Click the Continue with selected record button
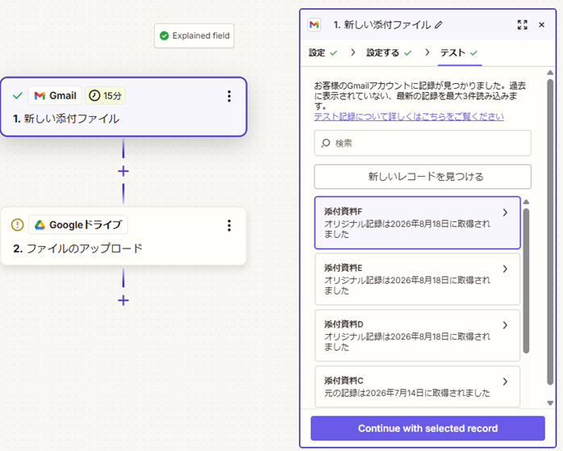427,428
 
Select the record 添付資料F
417,223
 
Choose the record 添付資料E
417,279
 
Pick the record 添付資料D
417,336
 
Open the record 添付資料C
417,386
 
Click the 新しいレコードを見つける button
423,177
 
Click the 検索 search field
423,143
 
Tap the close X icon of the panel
541,25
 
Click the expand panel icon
523,25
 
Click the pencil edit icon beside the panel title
439,25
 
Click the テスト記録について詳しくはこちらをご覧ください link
409,117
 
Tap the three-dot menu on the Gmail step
229,96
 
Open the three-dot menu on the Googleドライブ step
229,226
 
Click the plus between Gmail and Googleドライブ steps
123,171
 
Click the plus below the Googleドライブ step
123,300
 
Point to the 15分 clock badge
105,96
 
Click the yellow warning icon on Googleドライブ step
18,225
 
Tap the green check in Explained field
164,35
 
